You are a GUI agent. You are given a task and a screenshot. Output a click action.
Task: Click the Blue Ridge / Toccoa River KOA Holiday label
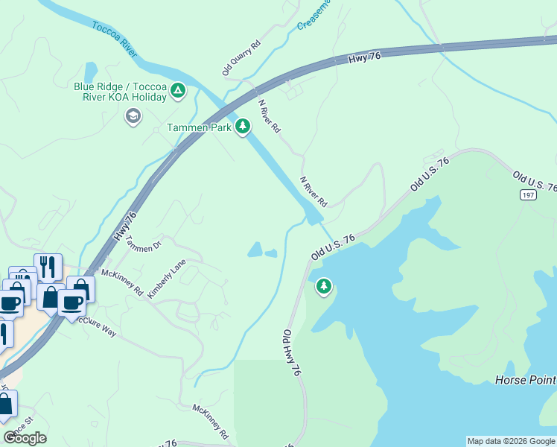[x=119, y=92]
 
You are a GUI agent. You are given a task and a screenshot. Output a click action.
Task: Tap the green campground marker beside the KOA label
[x=177, y=92]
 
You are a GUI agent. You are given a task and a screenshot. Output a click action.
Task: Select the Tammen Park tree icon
[x=242, y=127]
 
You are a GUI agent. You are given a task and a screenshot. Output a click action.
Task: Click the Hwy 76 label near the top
[x=364, y=58]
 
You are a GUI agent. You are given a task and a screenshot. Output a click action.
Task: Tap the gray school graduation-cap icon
[x=133, y=116]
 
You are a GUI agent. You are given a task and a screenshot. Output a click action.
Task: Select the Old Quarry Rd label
[x=241, y=58]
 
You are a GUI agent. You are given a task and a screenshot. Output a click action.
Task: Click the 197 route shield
[x=529, y=194]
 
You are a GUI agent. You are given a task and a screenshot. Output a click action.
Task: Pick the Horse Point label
[x=525, y=380]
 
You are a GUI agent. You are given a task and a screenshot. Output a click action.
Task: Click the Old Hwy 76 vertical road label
[x=291, y=353]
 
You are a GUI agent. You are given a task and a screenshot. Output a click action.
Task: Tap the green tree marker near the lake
[x=323, y=286]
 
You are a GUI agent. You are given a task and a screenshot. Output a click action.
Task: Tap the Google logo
[x=25, y=438]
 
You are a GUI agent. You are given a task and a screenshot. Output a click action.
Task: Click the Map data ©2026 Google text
[x=511, y=441]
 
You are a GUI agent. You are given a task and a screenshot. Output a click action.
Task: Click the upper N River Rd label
[x=269, y=116]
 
